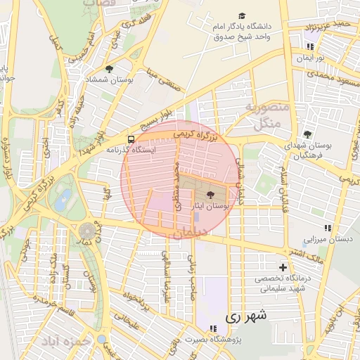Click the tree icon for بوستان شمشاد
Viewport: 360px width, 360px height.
pos(110,68)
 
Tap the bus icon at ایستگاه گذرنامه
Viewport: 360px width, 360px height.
pos(131,139)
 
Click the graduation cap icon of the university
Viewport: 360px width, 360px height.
pos(243,15)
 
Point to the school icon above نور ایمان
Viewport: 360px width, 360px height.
pos(309,47)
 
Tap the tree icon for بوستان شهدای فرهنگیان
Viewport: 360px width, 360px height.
pos(307,134)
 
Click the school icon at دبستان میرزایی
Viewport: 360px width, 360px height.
pos(327,228)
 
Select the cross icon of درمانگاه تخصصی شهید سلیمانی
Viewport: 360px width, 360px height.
pos(283,267)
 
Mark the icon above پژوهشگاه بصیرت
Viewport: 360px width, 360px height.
pos(212,328)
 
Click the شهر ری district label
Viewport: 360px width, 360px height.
pos(246,317)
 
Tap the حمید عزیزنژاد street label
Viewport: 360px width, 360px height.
pos(333,26)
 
